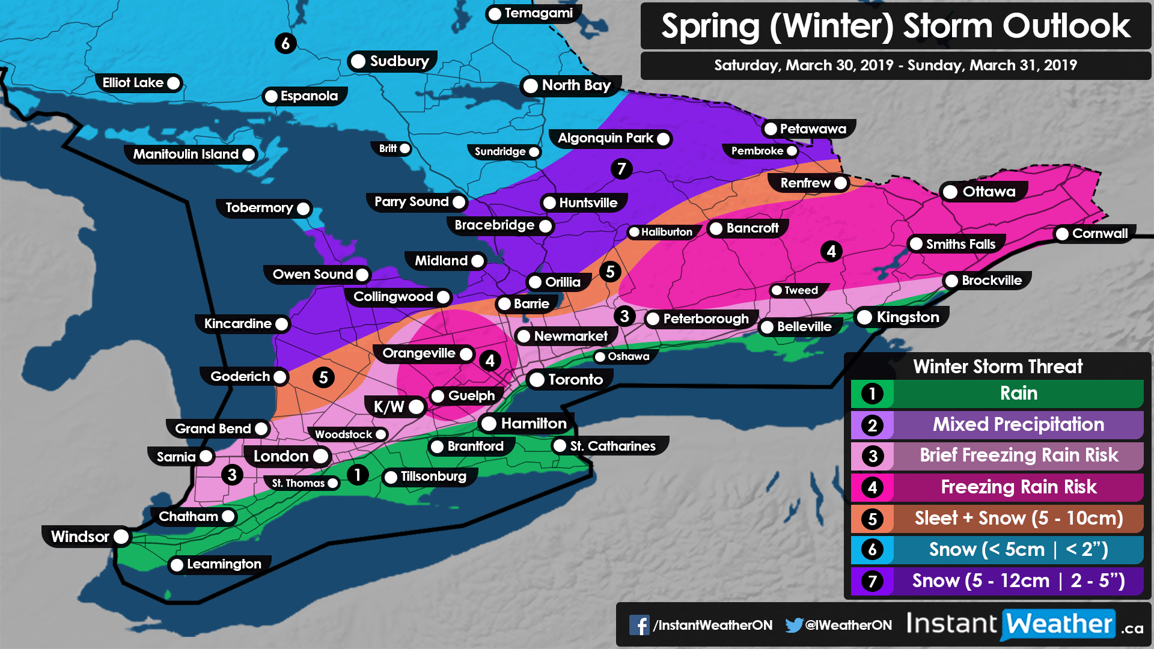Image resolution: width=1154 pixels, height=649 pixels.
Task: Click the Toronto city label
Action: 575,380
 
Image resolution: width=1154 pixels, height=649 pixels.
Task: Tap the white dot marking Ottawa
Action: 950,192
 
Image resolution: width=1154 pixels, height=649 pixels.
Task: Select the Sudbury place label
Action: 399,61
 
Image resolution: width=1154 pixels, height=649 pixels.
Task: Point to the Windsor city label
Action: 80,537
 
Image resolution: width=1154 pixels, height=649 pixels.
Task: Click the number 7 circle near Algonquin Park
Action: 621,169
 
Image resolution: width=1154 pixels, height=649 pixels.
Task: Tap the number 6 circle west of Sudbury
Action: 285,43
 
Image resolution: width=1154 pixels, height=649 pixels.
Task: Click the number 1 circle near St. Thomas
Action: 358,475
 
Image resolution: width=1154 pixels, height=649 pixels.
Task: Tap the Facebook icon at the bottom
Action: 639,625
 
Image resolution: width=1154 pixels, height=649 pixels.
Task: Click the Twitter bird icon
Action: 794,625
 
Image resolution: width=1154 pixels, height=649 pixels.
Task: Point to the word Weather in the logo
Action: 1059,624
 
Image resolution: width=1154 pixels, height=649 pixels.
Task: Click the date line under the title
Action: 896,66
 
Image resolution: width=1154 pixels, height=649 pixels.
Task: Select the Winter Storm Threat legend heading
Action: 998,367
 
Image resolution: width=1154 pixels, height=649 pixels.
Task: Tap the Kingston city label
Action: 908,317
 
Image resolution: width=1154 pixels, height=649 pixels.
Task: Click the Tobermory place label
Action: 258,208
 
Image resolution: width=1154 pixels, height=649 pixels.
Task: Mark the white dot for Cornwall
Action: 1062,234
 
